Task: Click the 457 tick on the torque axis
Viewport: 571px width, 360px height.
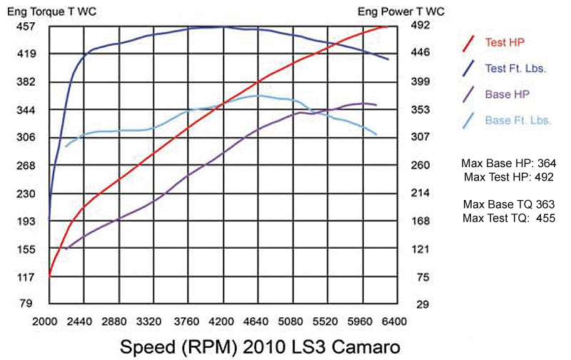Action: [26, 26]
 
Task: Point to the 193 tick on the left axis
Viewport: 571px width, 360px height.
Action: [26, 221]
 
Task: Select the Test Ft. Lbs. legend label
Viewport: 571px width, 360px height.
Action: [515, 69]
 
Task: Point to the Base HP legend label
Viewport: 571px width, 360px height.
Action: [506, 94]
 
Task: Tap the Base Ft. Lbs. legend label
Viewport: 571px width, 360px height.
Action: [517, 120]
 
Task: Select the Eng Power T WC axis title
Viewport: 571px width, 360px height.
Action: [392, 11]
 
